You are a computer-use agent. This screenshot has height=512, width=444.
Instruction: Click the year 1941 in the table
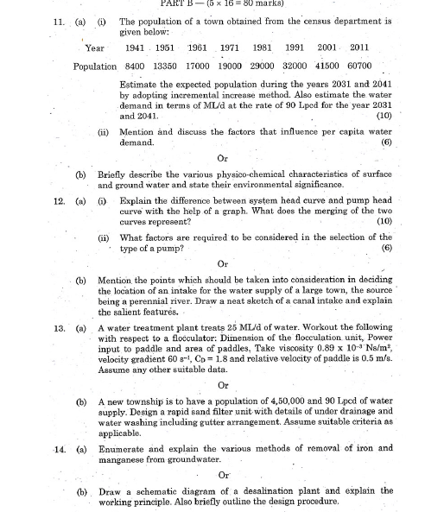pos(133,48)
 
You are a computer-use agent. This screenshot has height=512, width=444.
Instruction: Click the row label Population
pos(95,66)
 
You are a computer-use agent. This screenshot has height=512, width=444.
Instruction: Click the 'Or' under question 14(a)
pos(224,474)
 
